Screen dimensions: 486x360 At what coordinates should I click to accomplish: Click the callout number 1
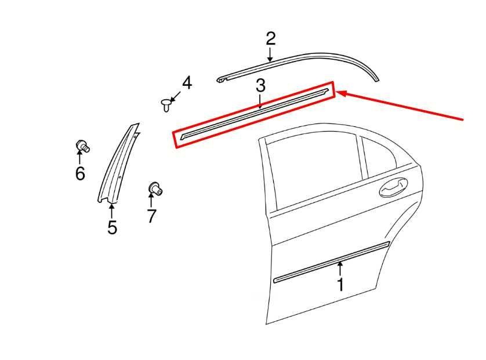click(x=340, y=285)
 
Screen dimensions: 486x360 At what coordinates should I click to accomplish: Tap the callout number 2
click(x=271, y=39)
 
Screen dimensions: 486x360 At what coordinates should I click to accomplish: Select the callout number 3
click(x=260, y=86)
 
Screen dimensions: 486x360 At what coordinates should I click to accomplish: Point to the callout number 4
click(x=187, y=83)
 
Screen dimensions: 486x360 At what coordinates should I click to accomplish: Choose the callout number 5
click(x=112, y=227)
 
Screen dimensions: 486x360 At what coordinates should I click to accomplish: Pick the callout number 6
click(x=80, y=173)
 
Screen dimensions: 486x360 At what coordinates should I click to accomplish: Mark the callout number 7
click(x=151, y=216)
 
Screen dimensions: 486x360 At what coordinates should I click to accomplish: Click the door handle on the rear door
click(x=394, y=187)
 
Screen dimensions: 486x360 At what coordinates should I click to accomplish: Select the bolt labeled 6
click(x=83, y=146)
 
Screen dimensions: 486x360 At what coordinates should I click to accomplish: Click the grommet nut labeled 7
click(x=155, y=188)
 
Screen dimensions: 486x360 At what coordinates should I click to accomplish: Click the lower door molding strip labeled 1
click(x=331, y=262)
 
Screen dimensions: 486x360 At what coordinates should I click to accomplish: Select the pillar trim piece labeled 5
click(x=119, y=163)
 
